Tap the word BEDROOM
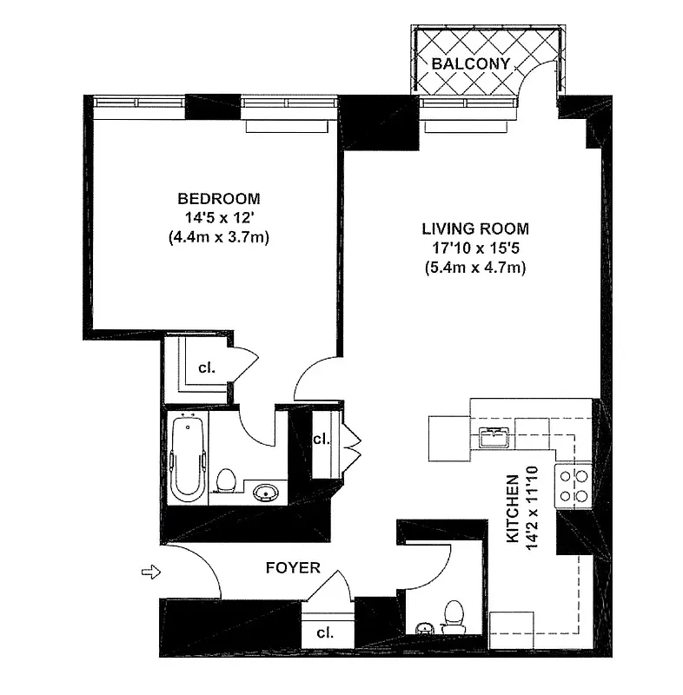coord(218,198)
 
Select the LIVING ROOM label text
coord(474,229)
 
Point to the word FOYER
coord(293,568)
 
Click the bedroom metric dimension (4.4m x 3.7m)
coord(218,237)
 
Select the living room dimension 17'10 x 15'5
coord(474,248)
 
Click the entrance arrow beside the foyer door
coord(151,572)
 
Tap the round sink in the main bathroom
coord(264,493)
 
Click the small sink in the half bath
coord(424,628)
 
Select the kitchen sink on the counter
coord(492,436)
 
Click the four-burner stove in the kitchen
coord(574,486)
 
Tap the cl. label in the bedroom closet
coord(206,367)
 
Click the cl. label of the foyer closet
coord(326,632)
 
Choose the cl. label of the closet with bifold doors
coord(321,439)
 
